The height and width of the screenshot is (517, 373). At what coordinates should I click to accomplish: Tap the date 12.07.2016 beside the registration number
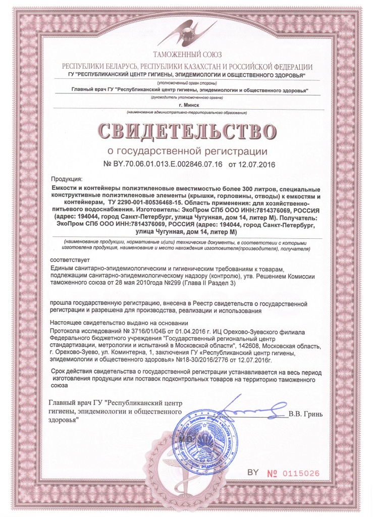256,164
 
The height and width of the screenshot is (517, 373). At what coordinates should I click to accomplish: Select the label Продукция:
70,179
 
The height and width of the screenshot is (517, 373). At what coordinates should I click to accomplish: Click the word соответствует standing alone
69,259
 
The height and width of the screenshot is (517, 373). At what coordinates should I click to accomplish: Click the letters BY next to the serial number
252,472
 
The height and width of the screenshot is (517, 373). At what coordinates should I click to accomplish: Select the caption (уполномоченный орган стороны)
187,82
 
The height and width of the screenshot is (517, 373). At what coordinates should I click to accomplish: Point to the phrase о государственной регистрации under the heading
187,150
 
